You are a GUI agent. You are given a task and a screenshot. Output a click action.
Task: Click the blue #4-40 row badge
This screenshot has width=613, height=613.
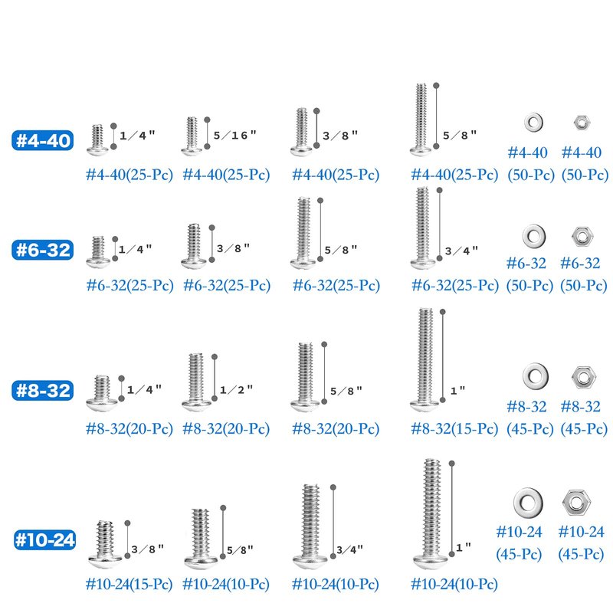43,140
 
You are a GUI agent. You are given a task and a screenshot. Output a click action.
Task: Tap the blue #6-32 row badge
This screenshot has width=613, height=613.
43,250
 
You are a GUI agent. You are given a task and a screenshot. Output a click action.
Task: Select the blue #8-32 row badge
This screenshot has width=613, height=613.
43,391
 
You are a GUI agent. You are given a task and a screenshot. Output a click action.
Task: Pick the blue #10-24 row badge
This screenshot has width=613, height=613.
44,540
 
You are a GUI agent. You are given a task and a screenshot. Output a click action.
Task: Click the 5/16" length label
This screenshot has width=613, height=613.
235,136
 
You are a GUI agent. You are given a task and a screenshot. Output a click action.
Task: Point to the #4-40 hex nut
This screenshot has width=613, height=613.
582,123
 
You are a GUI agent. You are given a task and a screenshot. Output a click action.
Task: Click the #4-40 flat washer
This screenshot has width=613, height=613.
533,122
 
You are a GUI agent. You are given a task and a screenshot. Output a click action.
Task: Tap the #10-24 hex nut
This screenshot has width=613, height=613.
576,502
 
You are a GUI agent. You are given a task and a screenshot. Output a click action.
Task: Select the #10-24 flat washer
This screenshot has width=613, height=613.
528,502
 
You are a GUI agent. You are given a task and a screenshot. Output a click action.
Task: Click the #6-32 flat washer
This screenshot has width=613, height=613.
534,236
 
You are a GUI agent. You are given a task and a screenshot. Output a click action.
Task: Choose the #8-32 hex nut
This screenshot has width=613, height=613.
583,378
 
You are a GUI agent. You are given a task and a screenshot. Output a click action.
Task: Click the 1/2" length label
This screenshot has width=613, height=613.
236,390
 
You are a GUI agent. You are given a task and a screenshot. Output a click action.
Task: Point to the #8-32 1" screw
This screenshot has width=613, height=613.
425,359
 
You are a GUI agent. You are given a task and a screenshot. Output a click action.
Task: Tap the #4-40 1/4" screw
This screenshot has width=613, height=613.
97,139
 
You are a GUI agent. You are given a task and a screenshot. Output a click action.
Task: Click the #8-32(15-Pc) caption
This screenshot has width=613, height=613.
454,429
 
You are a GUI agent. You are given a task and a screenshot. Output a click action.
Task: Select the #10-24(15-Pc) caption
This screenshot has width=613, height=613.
129,585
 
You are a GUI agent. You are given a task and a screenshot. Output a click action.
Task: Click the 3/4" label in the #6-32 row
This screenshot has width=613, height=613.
461,251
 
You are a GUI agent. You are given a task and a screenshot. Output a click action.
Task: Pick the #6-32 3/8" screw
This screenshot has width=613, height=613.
194,246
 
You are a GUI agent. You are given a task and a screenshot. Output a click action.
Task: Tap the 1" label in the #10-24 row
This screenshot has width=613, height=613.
463,547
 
